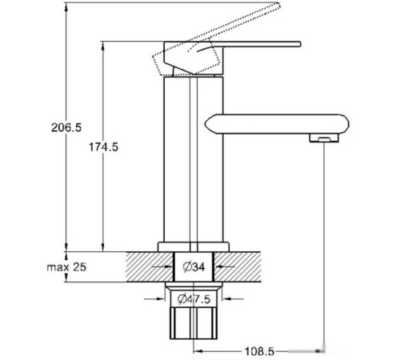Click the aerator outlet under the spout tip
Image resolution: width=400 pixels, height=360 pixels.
tap(320, 141)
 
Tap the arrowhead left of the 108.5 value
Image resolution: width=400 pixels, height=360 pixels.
tap(197, 350)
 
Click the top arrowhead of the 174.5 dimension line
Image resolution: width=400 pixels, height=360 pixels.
tap(102, 45)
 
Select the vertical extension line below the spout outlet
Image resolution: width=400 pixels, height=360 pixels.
tap(322, 240)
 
